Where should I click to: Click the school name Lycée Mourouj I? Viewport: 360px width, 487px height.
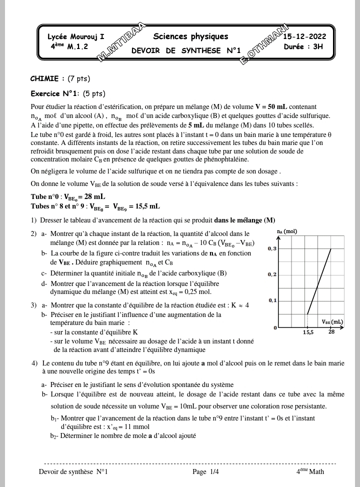[76, 37]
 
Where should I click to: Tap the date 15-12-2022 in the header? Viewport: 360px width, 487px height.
[304, 37]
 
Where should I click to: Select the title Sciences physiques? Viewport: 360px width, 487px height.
[190, 36]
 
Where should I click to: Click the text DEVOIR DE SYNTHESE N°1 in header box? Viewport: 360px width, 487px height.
[186, 50]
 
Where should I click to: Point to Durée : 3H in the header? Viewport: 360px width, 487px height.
[303, 46]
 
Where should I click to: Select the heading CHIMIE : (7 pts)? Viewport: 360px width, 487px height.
[60, 78]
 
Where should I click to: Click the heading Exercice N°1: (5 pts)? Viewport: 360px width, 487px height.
[68, 93]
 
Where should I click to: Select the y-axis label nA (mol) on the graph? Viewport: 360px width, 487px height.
[286, 231]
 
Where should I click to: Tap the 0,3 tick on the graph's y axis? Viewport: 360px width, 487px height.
[272, 248]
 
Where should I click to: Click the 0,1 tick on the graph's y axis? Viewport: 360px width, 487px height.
[272, 300]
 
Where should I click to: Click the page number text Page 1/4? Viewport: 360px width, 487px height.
[205, 471]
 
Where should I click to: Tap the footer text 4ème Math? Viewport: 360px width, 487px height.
[309, 471]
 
